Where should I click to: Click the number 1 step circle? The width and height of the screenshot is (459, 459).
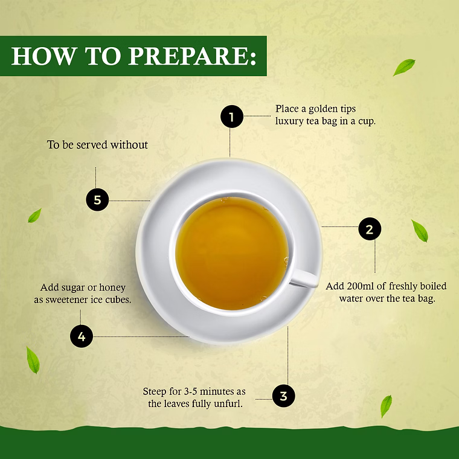pyautogui.click(x=232, y=117)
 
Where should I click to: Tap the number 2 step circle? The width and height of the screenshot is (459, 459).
pyautogui.click(x=370, y=229)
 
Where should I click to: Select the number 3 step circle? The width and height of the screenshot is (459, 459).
pyautogui.click(x=284, y=396)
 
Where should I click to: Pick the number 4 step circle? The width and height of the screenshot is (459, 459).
pyautogui.click(x=82, y=336)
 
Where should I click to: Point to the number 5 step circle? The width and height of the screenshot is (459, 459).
pyautogui.click(x=97, y=200)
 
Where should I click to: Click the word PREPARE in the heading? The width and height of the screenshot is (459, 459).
pyautogui.click(x=192, y=56)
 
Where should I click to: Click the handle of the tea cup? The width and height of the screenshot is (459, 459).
pyautogui.click(x=304, y=278)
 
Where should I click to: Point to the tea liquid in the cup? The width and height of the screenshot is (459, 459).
pyautogui.click(x=232, y=254)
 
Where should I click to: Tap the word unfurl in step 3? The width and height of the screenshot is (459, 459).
pyautogui.click(x=228, y=403)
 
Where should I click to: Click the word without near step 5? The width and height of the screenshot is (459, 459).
pyautogui.click(x=129, y=144)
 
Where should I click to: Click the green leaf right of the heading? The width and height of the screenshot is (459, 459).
pyautogui.click(x=404, y=67)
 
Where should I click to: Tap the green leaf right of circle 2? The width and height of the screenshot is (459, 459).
pyautogui.click(x=420, y=231)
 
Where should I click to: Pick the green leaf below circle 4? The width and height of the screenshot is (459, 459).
pyautogui.click(x=33, y=360)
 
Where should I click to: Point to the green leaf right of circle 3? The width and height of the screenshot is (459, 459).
pyautogui.click(x=386, y=406)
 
